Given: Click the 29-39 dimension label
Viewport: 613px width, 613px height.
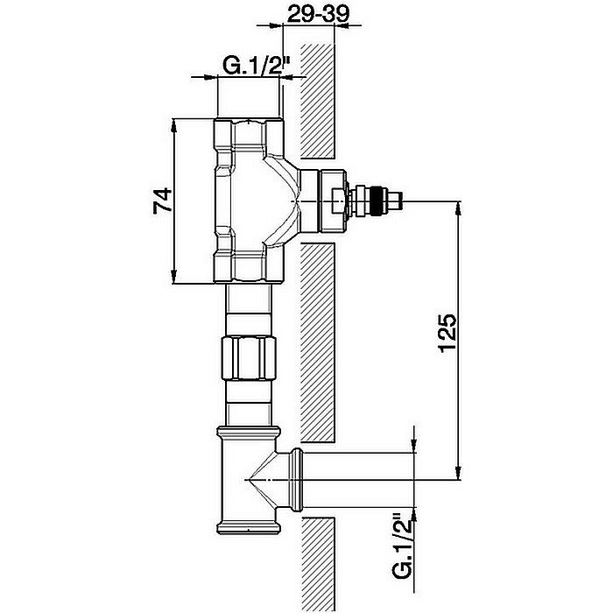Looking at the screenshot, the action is coord(317,15).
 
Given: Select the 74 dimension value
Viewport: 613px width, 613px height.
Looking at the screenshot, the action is coord(163,200).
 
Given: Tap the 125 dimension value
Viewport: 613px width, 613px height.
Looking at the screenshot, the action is coord(448,333).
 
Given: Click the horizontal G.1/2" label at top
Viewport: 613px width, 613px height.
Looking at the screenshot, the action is coord(256,66).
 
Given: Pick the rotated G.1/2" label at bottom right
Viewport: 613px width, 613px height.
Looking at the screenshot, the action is coord(403,546).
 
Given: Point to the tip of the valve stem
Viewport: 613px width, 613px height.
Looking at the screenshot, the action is coord(402,201).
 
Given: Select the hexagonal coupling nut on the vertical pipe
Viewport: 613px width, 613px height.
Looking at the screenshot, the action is coord(249,357).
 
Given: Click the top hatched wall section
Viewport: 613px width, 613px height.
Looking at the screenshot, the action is coord(317,102).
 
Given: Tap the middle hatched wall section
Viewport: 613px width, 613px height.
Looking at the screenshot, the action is coord(317,343).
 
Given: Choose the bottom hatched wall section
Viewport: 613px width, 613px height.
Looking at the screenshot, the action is coord(317,565).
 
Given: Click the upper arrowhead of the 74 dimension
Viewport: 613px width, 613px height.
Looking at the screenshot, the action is coord(174,124).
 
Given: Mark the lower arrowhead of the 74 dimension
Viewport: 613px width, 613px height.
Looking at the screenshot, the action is coord(174,277).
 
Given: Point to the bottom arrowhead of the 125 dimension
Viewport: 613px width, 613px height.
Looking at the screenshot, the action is coord(458,473).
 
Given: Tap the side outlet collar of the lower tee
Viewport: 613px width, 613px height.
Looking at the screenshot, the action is coord(297,480).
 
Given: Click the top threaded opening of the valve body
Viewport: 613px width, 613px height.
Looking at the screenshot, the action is coord(250,136).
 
